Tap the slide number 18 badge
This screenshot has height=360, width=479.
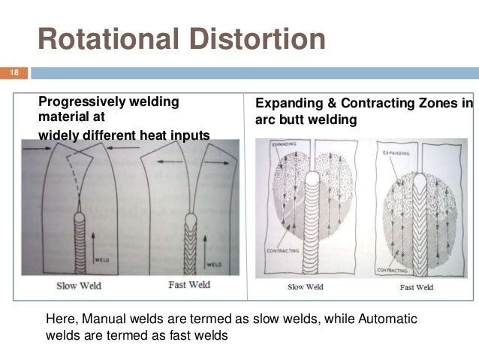pos(14,73)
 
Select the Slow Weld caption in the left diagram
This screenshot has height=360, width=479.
pos(78,285)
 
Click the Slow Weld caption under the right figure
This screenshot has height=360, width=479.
pos(306,286)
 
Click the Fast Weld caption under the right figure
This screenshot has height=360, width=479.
pos(417,286)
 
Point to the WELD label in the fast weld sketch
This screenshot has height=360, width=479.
pos(214,264)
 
